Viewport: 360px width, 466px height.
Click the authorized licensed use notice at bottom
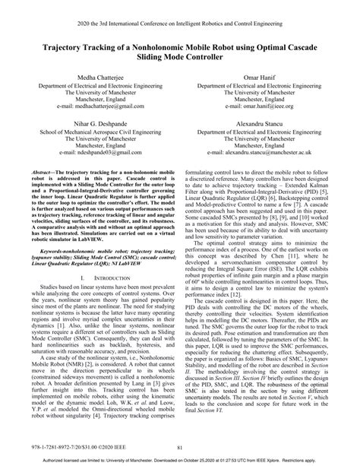pyautogui.click(x=180, y=461)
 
